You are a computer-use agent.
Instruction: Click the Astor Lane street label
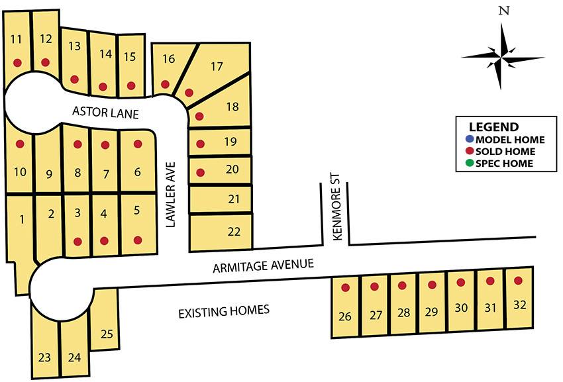point(105,114)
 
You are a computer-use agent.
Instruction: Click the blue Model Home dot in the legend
point(469,140)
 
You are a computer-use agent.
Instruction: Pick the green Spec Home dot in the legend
point(469,164)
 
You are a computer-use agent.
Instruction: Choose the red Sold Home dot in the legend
point(469,152)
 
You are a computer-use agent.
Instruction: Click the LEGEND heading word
point(493,127)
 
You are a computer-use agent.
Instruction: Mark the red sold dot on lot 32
point(518,281)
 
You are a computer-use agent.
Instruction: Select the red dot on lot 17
point(189,92)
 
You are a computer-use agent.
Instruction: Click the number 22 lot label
point(234,231)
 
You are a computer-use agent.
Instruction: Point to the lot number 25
point(107,334)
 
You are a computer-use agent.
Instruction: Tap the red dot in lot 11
point(17,63)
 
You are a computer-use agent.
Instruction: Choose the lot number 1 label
point(22,219)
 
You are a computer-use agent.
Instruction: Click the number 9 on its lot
point(48,175)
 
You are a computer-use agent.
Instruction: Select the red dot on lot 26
point(345,288)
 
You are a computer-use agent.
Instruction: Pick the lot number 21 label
point(234,199)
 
